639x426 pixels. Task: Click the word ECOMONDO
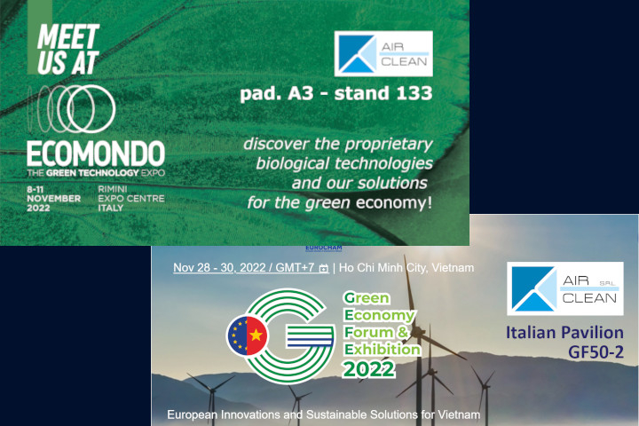click(x=96, y=154)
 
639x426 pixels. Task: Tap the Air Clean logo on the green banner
click(x=383, y=54)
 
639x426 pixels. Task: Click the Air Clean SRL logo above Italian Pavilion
click(x=565, y=288)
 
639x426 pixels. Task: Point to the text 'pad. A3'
click(x=277, y=94)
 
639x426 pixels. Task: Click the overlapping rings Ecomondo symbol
click(x=72, y=109)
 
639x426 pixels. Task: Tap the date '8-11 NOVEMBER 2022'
click(x=53, y=199)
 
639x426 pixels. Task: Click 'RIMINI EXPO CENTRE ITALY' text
click(x=131, y=199)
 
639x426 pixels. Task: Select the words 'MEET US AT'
click(x=68, y=49)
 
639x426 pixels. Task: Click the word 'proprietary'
click(x=389, y=145)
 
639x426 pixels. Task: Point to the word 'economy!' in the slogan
click(x=394, y=202)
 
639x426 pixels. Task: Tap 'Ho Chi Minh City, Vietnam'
click(x=406, y=267)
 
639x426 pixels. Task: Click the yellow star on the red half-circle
click(x=256, y=335)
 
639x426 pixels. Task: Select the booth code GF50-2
click(x=596, y=351)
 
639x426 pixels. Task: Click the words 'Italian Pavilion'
click(x=564, y=332)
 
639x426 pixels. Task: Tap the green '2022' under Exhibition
click(x=369, y=369)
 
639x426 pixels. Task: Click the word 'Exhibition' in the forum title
click(x=383, y=350)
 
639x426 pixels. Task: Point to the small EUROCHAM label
click(x=324, y=248)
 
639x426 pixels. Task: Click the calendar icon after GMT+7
click(x=324, y=268)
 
